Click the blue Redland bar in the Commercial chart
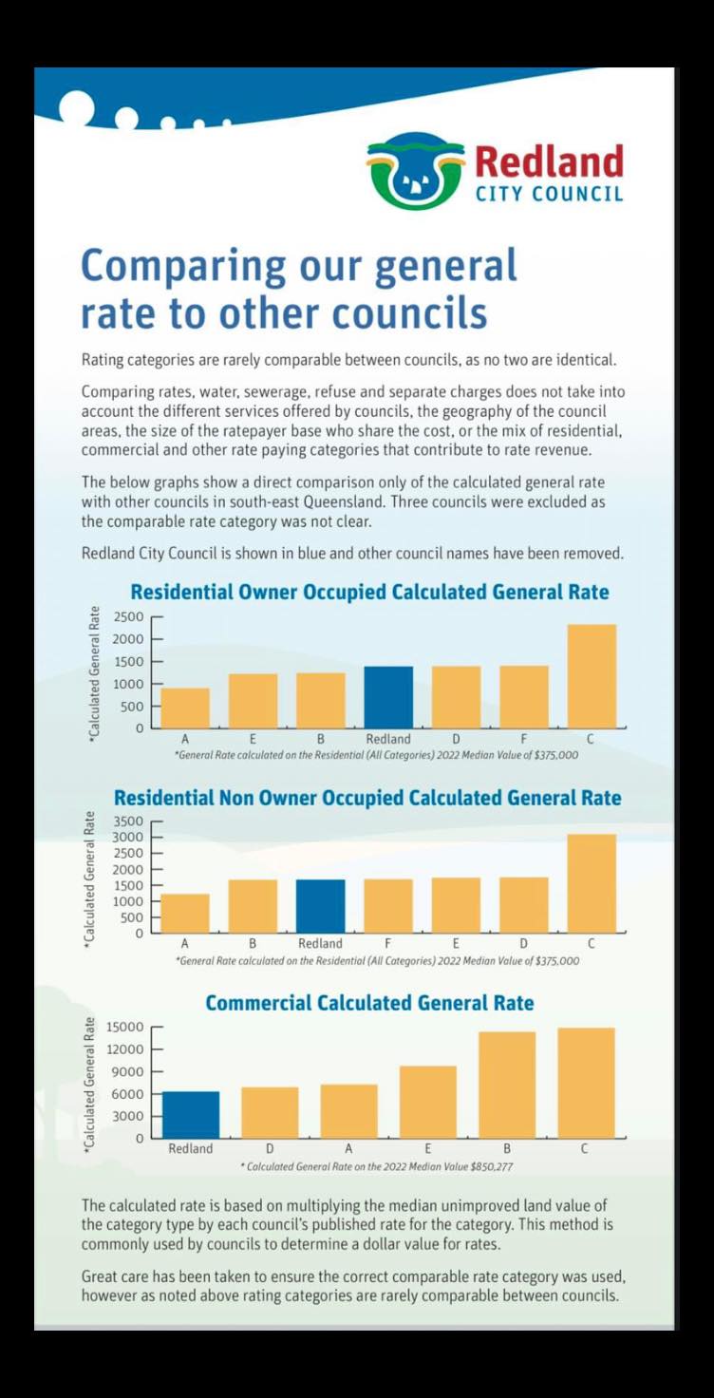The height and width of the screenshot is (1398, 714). point(191,1115)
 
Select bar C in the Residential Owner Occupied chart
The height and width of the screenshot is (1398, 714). point(592,676)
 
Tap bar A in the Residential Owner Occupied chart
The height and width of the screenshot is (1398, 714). point(185,708)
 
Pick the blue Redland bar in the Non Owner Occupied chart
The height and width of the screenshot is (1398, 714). point(320,906)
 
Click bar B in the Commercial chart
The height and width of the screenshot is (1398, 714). point(507,1085)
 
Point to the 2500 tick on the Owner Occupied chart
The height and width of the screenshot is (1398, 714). point(128,616)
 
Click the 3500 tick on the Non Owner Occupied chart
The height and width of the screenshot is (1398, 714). point(128,821)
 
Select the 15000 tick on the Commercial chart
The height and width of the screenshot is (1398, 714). point(125,1027)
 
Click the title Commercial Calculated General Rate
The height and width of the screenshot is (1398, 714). point(369,1003)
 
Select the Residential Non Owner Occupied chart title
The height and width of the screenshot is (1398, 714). point(367,798)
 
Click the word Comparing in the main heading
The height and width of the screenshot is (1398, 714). point(184,267)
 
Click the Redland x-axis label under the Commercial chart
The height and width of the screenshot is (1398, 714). point(190,1148)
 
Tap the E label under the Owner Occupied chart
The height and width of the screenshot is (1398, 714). point(253,739)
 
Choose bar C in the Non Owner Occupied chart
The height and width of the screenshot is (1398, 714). point(592,883)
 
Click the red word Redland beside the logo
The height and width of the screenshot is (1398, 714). point(549,161)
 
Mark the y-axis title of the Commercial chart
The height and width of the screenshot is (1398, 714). point(91,1083)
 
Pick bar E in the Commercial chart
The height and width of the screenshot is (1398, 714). point(428,1102)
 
